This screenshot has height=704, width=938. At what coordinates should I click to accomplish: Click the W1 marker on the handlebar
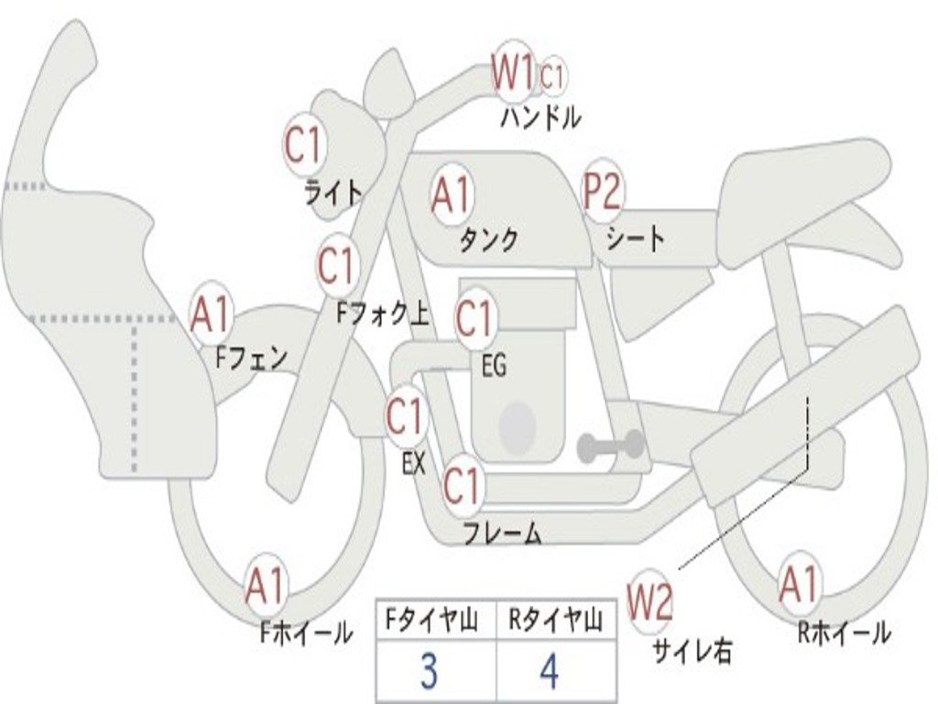tap(513, 72)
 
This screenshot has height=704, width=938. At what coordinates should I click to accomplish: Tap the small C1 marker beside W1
tap(552, 76)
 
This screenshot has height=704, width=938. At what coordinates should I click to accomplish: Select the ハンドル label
tap(540, 117)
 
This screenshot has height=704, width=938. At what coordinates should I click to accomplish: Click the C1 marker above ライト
tap(304, 144)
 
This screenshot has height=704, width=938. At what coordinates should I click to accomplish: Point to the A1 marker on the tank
tap(451, 194)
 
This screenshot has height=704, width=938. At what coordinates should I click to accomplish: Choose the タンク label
tap(488, 240)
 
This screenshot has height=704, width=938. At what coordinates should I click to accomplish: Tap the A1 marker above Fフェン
tap(210, 313)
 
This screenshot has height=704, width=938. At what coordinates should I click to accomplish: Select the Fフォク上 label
tap(383, 313)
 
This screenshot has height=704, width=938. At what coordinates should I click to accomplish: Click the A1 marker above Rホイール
tap(799, 585)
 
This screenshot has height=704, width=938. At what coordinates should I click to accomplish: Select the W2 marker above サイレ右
tap(649, 601)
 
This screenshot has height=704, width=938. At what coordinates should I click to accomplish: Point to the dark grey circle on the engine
tap(517, 427)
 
